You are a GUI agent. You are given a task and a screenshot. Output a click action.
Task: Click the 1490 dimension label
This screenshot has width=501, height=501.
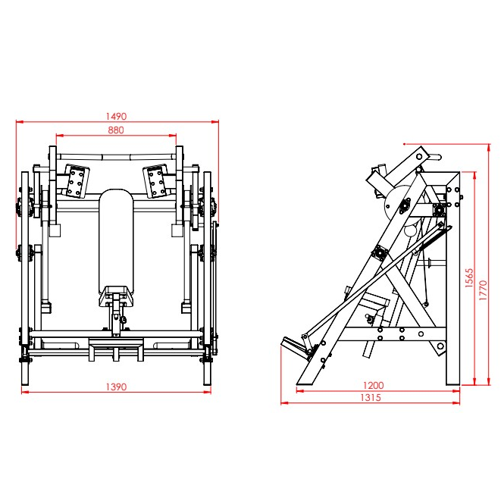[x=116, y=116]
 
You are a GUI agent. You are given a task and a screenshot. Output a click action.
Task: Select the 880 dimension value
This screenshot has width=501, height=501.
[x=116, y=130]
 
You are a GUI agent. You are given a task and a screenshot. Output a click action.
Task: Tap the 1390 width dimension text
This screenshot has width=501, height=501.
[x=116, y=387]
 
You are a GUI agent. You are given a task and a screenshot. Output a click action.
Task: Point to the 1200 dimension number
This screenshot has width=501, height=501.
[x=373, y=385]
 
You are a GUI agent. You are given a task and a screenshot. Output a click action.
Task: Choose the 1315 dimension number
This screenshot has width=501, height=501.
[x=371, y=397]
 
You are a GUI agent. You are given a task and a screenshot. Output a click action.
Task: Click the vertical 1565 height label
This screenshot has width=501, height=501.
[x=468, y=278]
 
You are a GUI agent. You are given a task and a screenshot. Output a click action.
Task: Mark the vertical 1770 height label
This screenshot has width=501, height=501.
[x=483, y=290]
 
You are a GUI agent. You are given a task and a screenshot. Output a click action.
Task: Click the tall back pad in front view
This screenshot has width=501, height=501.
[x=116, y=243]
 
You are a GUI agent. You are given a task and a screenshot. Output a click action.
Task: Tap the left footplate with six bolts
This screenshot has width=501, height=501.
[x=77, y=181]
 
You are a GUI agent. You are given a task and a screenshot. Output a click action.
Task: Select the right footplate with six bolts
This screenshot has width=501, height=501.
[x=156, y=181]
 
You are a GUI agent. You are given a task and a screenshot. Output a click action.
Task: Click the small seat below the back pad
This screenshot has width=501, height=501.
[x=116, y=296]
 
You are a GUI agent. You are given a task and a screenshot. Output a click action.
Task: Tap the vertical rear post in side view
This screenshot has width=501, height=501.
[x=452, y=278]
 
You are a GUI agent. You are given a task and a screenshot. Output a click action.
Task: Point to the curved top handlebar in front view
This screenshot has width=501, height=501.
[x=116, y=157]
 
